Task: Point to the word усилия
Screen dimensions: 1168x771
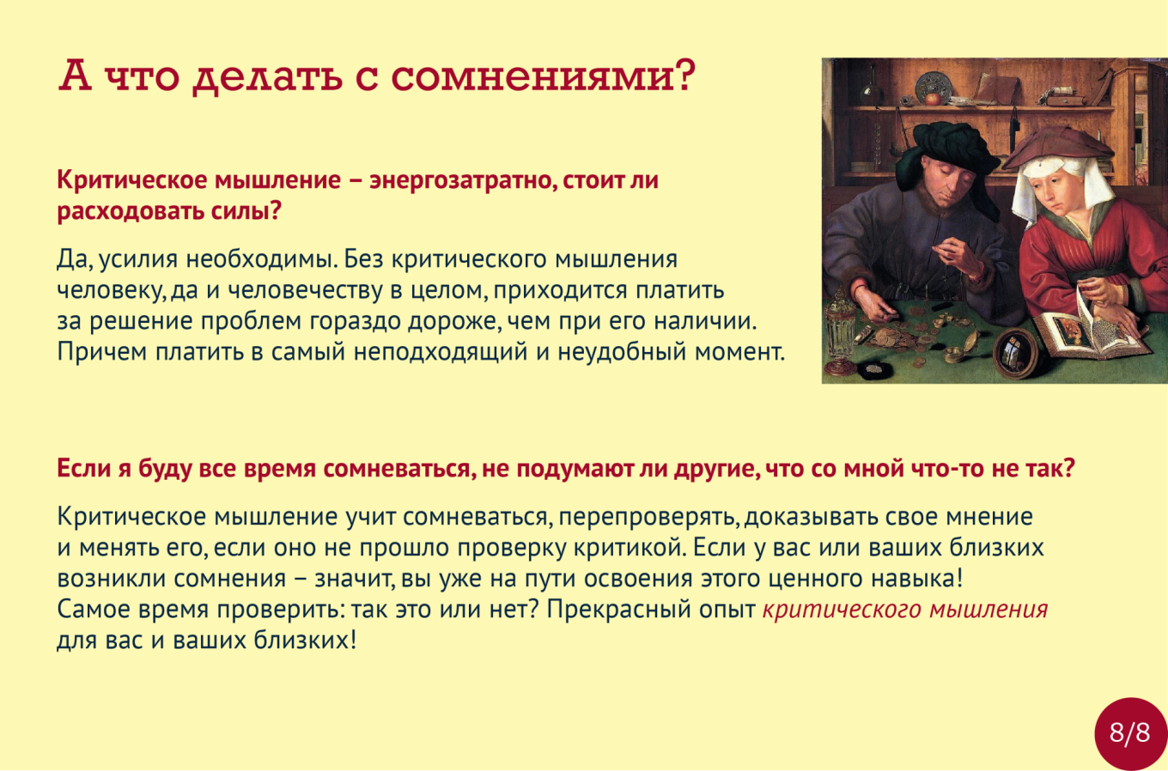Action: click(138, 259)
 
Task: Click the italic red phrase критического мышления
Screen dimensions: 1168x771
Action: click(904, 610)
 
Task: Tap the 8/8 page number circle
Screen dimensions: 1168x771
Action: click(1130, 733)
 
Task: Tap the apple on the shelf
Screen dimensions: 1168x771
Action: click(933, 98)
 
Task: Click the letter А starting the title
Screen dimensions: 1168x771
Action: click(76, 76)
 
